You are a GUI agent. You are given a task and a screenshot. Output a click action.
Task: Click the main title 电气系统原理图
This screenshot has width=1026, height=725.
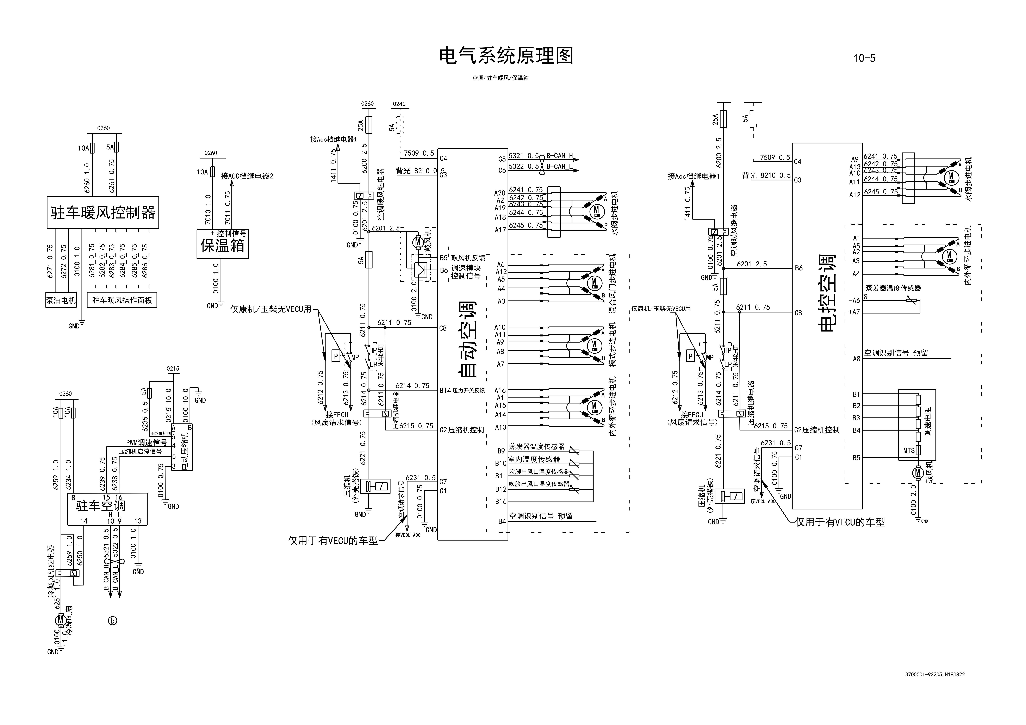click(506, 56)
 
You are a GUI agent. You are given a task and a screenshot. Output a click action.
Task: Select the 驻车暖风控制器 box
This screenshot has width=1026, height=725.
click(103, 213)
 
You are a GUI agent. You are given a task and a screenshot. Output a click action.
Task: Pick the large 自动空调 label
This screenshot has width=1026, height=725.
click(468, 340)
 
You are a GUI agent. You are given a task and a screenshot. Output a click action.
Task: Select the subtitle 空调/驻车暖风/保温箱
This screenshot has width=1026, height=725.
click(500, 78)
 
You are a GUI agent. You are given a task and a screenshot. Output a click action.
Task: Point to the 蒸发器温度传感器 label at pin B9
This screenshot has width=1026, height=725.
click(537, 447)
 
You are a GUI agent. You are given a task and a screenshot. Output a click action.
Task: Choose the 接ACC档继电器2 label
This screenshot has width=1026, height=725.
click(247, 176)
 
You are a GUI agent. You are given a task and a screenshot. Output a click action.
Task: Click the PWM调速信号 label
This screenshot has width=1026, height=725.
click(146, 442)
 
